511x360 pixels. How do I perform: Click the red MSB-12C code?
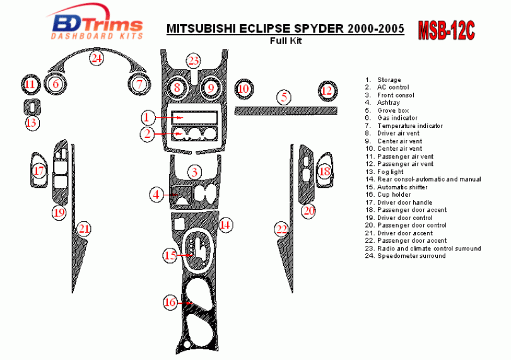pyautogui.click(x=446, y=30)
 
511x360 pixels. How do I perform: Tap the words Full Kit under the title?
pyautogui.click(x=285, y=42)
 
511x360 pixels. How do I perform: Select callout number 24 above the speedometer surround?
pyautogui.click(x=96, y=59)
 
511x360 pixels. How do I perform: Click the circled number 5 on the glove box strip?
pyautogui.click(x=285, y=97)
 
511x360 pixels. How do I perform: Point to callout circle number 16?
pyautogui.click(x=170, y=303)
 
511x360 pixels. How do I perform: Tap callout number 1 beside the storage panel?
pyautogui.click(x=146, y=117)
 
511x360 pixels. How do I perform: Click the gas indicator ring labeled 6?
pyautogui.click(x=56, y=84)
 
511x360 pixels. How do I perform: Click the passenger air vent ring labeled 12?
pyautogui.click(x=326, y=91)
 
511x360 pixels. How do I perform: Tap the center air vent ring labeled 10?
pyautogui.click(x=243, y=90)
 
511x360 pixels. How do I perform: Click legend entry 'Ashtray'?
pyautogui.click(x=388, y=103)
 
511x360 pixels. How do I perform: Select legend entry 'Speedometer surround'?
pyautogui.click(x=411, y=256)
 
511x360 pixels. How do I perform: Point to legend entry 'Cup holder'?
pyautogui.click(x=394, y=195)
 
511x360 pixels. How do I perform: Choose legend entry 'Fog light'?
pyautogui.click(x=391, y=171)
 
